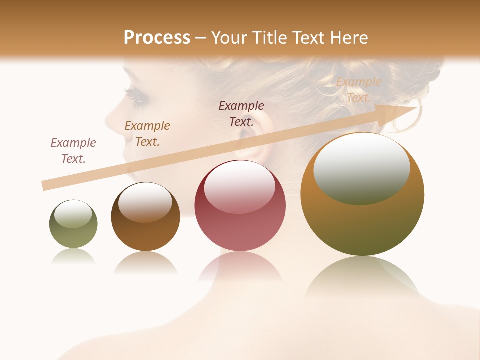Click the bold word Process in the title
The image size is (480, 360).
(157, 38)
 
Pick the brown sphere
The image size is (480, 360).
(145, 217)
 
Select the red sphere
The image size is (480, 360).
(240, 205)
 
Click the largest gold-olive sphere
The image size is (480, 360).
(362, 194)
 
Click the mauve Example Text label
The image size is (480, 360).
(73, 151)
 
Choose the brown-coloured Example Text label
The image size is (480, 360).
(147, 134)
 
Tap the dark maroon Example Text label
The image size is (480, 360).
(241, 114)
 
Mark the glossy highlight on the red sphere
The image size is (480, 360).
(240, 186)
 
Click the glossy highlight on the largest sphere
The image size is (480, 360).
(361, 168)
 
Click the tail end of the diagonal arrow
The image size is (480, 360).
(45, 186)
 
